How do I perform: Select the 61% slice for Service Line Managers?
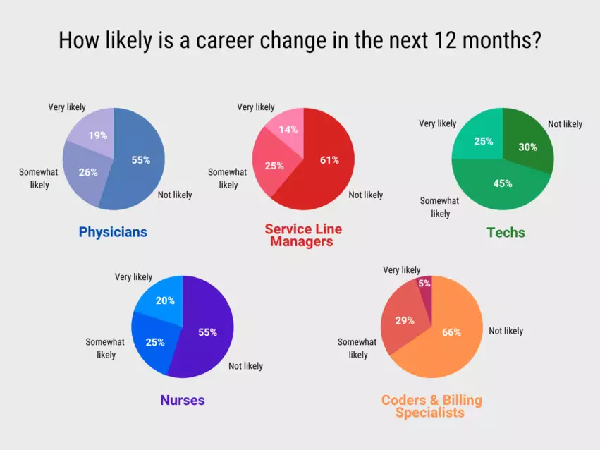(x=324, y=169)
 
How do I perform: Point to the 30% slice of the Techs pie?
(x=527, y=147)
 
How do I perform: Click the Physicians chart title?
(x=113, y=232)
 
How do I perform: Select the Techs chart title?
(x=506, y=232)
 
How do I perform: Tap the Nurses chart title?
(x=182, y=400)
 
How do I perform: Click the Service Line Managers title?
(x=302, y=236)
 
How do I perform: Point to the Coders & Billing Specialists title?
(x=431, y=406)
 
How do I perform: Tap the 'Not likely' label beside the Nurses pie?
(x=245, y=366)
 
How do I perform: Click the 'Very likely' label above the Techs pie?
(x=437, y=123)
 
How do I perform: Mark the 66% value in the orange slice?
(x=451, y=332)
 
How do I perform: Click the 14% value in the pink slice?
(x=288, y=129)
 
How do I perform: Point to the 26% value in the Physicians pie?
(x=88, y=172)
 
